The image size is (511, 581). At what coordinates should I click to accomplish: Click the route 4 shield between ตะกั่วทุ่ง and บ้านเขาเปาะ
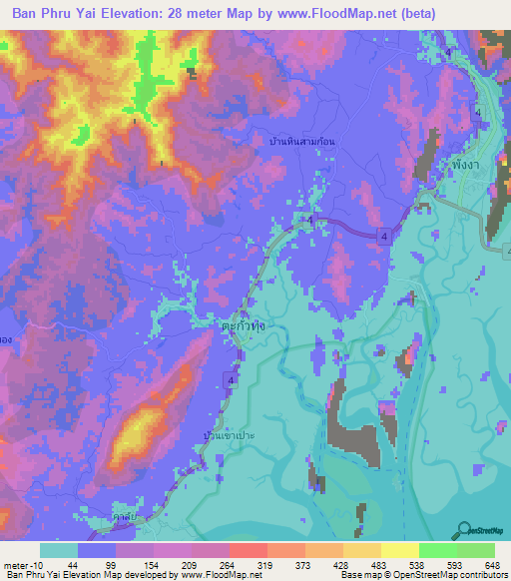pos(232,380)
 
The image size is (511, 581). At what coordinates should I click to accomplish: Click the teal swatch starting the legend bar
pos(58,550)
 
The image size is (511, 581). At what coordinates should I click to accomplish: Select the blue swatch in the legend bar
pos(97,550)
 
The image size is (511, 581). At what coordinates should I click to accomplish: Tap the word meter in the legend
pos(13,564)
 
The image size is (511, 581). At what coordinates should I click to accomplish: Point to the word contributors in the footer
pos(482,576)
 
